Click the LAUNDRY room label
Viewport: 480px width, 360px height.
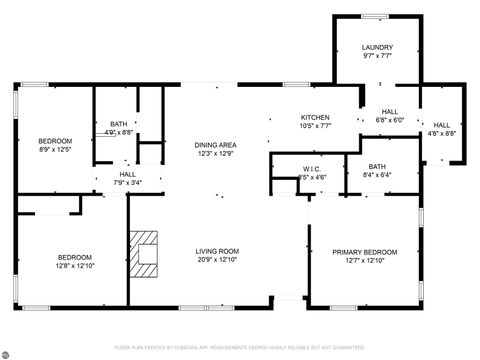click(x=377, y=47)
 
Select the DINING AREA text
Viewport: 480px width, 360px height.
click(x=215, y=145)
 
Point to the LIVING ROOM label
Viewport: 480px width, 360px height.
click(x=215, y=251)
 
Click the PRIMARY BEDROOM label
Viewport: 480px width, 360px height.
click(x=364, y=251)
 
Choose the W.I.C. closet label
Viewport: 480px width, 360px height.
click(x=311, y=169)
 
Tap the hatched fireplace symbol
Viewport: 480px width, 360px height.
click(x=145, y=253)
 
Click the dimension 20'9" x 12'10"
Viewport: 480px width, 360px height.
click(x=215, y=259)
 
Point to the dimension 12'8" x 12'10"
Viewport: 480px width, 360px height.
click(x=74, y=265)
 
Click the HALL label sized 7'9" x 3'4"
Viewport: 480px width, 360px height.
click(x=128, y=174)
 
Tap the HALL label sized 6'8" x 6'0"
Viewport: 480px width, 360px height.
click(x=389, y=112)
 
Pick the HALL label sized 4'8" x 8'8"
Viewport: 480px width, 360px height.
click(x=441, y=124)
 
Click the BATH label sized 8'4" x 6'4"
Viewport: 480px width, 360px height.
click(x=377, y=167)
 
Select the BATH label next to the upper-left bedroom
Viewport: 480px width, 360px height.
click(x=118, y=124)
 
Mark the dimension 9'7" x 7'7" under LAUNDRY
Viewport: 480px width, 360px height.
click(x=377, y=57)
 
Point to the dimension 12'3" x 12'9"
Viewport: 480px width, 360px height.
click(x=215, y=153)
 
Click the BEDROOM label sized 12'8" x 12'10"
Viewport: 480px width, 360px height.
click(x=74, y=257)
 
